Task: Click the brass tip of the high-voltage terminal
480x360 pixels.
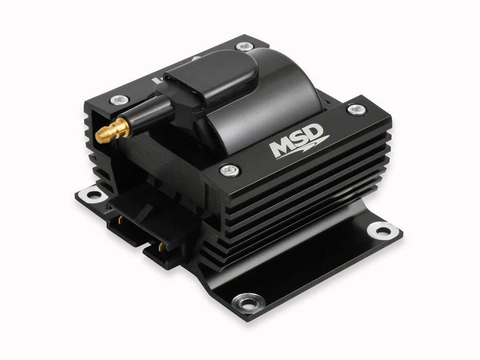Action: coord(112,131)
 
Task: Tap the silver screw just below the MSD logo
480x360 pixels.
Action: coord(229,170)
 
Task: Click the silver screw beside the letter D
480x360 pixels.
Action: coord(357,110)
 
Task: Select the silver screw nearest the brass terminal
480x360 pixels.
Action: coord(119,100)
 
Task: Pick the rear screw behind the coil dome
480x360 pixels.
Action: coord(245,46)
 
